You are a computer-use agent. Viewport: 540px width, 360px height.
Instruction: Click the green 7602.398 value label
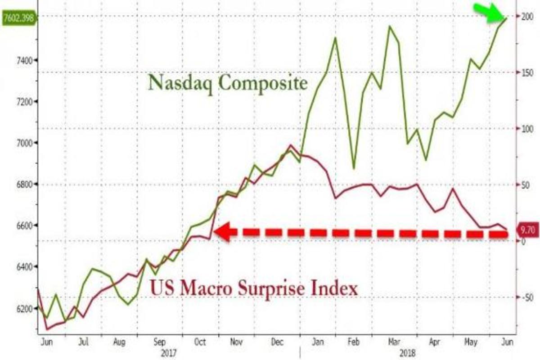[x=18, y=18]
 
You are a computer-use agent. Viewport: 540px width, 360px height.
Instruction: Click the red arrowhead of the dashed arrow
[x=223, y=232]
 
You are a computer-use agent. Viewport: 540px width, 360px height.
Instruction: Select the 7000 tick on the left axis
[x=18, y=143]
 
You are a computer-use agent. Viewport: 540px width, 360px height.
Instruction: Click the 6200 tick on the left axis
[x=18, y=309]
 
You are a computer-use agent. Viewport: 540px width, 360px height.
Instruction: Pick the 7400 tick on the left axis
[x=18, y=60]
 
